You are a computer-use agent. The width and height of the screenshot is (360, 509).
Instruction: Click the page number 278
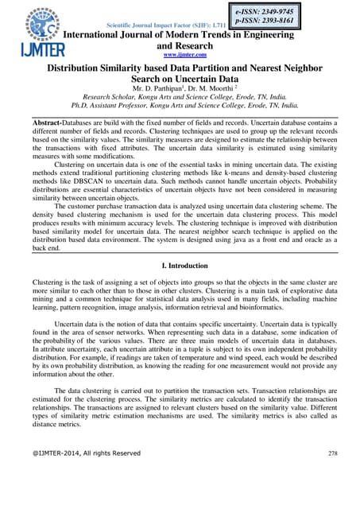[x=332, y=475]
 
